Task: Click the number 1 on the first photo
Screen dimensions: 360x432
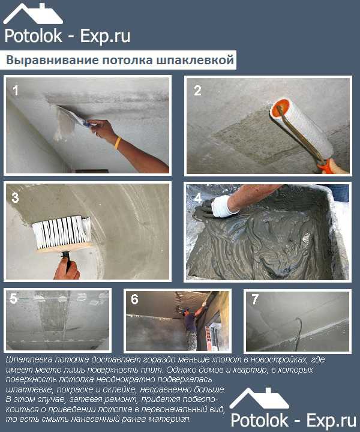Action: point(16,91)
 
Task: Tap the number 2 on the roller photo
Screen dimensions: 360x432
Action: point(197,91)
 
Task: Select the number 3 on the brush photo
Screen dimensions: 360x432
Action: point(16,197)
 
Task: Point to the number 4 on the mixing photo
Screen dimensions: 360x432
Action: point(198,198)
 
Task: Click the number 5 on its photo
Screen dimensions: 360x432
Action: point(13,299)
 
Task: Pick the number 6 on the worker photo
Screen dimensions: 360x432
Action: point(134,299)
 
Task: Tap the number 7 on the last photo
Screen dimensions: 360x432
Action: point(255,299)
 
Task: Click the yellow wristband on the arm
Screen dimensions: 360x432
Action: point(118,143)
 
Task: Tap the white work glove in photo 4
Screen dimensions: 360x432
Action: point(224,206)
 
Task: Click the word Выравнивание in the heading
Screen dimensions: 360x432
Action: point(52,60)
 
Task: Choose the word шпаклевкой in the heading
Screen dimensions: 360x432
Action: point(196,60)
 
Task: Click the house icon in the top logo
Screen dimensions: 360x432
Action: point(33,13)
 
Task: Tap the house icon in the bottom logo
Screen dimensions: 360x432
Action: point(259,398)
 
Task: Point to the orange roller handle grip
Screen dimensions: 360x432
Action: point(326,166)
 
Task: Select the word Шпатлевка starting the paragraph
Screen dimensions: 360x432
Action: point(29,359)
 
